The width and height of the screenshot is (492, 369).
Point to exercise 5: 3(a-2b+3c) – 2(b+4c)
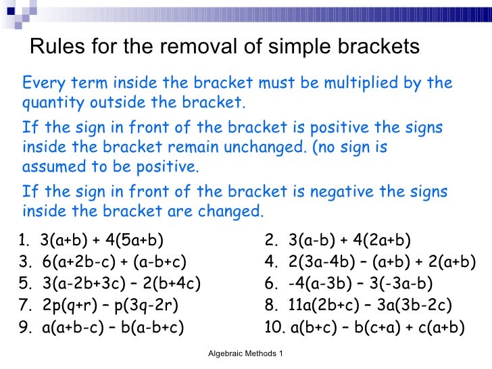pyautogui.click(x=112, y=283)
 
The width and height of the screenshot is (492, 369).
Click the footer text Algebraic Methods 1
pyautogui.click(x=245, y=353)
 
